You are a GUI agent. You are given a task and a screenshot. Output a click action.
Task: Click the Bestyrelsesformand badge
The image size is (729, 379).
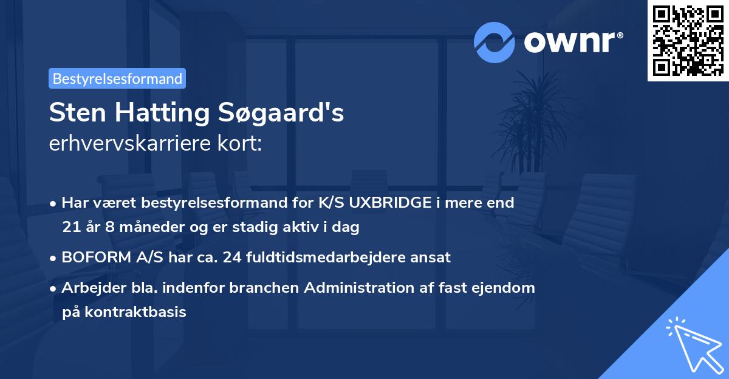pyautogui.click(x=117, y=78)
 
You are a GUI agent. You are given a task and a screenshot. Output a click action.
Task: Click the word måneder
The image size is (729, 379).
pyautogui.click(x=139, y=228)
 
